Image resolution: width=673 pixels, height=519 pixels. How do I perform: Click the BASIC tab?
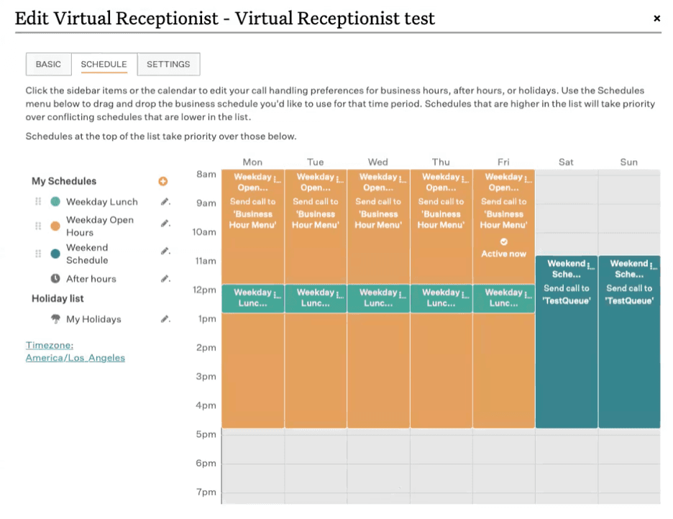pos(48,64)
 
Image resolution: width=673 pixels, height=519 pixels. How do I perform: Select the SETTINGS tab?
pos(168,64)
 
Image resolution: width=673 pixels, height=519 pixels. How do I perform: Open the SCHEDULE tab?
pos(104,64)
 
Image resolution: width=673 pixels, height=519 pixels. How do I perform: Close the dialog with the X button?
pos(656,19)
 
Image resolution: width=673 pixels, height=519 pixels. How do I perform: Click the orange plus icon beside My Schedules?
pos(163,182)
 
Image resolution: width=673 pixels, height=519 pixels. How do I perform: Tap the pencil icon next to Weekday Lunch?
pos(165,202)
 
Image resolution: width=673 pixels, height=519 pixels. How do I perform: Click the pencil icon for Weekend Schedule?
pos(165,252)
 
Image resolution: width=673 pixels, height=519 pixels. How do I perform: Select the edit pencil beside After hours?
pos(165,279)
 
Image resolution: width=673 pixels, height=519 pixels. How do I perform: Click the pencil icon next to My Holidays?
pos(165,319)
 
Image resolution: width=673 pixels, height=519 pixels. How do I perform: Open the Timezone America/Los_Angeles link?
pos(75,352)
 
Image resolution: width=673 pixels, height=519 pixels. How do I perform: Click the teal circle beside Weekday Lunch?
pos(55,202)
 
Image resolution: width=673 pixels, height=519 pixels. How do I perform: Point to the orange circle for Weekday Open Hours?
pos(55,226)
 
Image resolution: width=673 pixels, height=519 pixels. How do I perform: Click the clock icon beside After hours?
pos(55,279)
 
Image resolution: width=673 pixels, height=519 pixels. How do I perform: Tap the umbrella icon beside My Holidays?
pos(55,319)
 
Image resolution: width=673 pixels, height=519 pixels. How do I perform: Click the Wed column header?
pos(377,162)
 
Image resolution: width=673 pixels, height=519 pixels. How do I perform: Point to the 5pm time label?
pos(206,434)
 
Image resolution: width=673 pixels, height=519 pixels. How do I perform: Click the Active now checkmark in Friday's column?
pos(503,242)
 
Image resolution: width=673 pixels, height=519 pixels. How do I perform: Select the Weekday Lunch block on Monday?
pos(252,298)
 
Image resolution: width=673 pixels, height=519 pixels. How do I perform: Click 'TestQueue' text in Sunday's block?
pos(629,300)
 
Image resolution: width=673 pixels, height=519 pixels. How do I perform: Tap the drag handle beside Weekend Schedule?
pos(38,254)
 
